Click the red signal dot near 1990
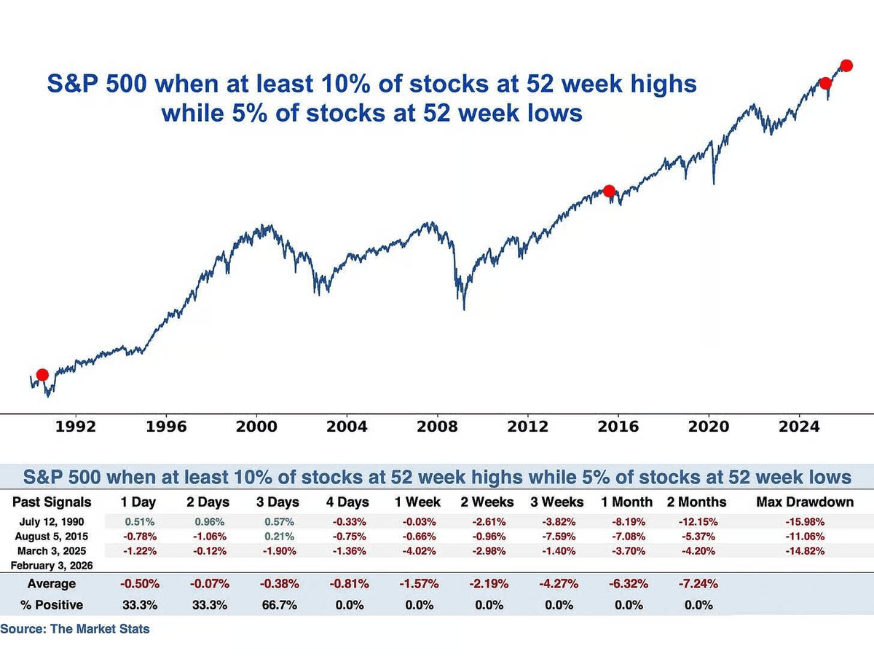coord(42,374)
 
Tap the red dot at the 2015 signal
coord(609,191)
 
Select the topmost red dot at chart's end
coord(846,65)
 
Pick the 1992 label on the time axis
coord(76,427)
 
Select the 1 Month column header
coord(625,502)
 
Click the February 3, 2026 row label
coord(52,565)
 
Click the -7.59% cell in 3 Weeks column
coord(556,536)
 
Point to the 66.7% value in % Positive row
coord(278,605)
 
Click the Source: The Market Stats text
coord(74,628)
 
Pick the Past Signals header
coord(52,502)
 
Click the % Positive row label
coord(52,605)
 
